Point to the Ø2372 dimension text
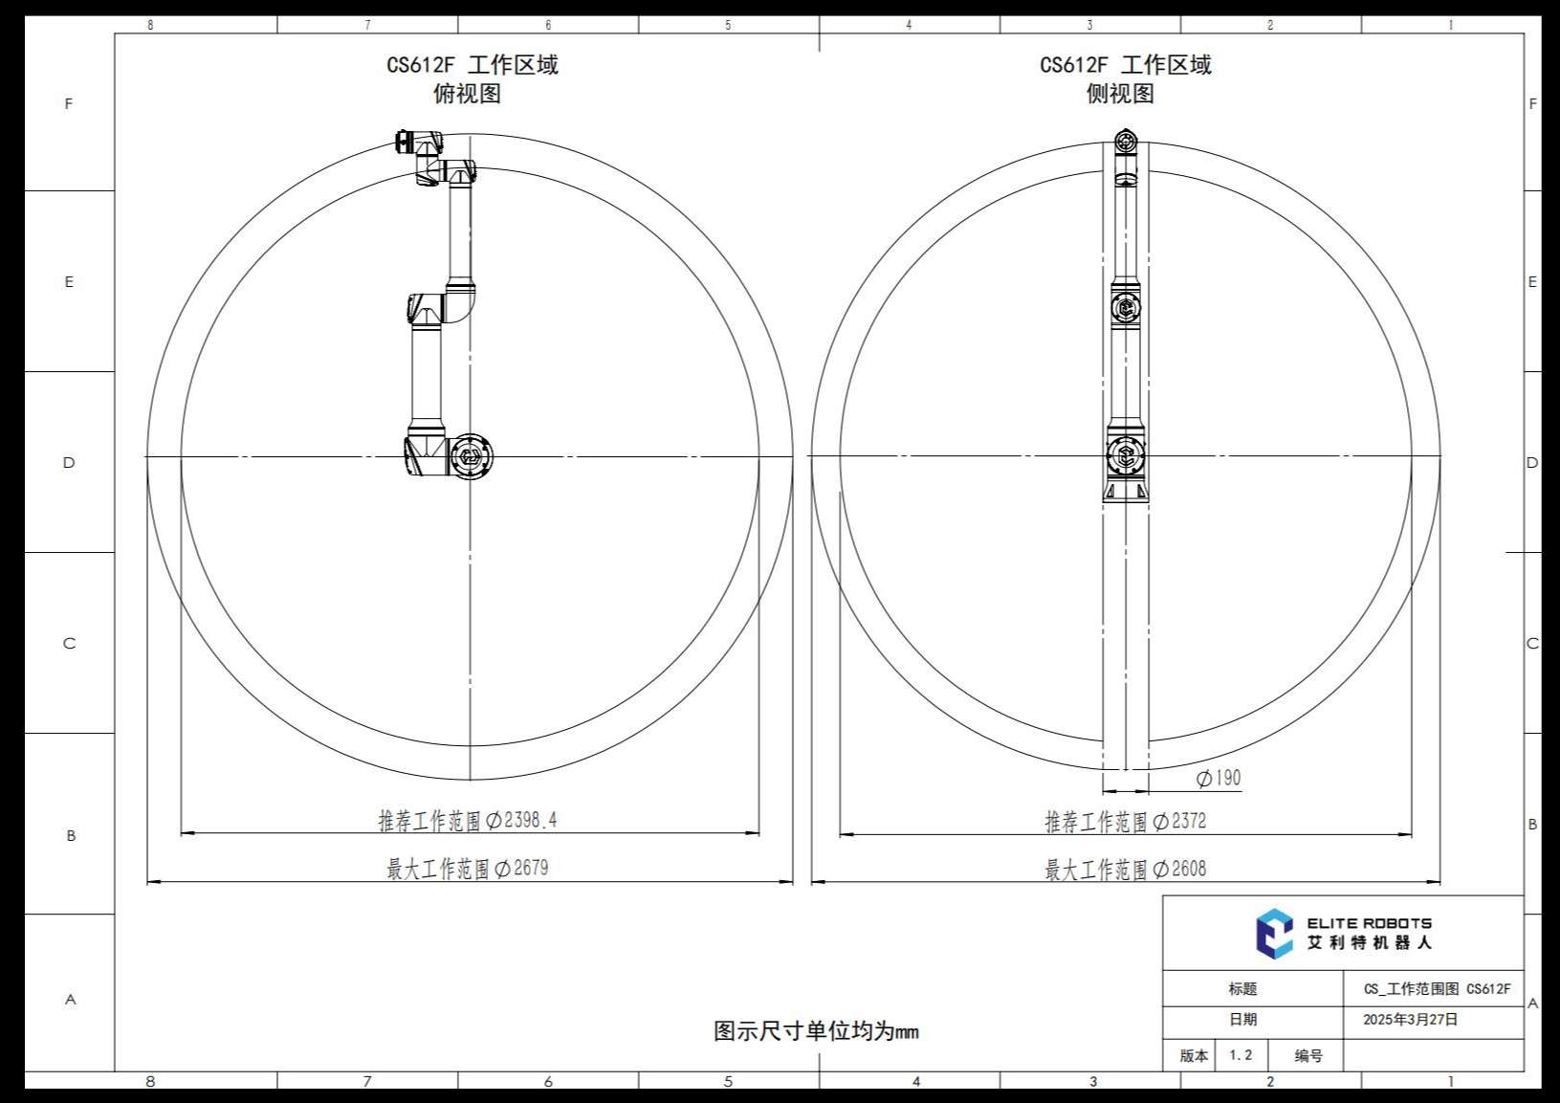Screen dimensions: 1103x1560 [x=1179, y=821]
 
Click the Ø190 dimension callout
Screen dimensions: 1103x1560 [x=1219, y=779]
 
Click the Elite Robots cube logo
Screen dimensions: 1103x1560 [x=1274, y=934]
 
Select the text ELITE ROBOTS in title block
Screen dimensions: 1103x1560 [x=1369, y=923]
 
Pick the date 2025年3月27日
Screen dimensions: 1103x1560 [x=1410, y=1020]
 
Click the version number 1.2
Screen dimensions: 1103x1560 [x=1241, y=1055]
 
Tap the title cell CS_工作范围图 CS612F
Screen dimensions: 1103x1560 [x=1437, y=989]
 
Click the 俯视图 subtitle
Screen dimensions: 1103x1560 [x=467, y=94]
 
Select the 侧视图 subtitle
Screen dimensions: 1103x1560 [x=1120, y=94]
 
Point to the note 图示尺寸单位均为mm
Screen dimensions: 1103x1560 [x=816, y=1031]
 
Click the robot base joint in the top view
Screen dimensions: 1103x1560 [x=470, y=456]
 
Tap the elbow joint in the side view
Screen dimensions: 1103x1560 [x=1126, y=308]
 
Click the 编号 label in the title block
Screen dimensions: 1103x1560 [x=1307, y=1056]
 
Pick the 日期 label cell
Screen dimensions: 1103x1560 [x=1242, y=1020]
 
